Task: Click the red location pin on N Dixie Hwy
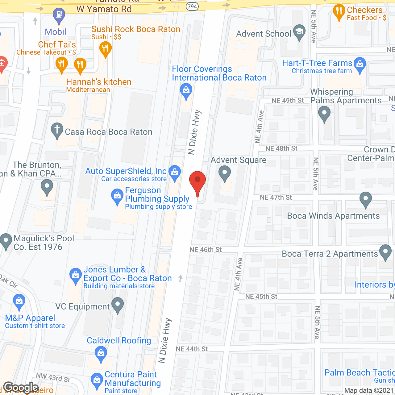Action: coord(197,181)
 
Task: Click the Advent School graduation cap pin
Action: coord(299,32)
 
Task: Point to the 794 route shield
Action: coord(192,6)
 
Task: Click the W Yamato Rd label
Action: coord(104,9)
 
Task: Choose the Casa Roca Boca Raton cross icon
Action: coord(57,130)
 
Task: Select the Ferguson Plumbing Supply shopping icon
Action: coord(117,196)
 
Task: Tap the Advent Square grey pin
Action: coord(225,173)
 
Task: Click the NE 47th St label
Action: coord(276,197)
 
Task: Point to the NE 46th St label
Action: coord(206,250)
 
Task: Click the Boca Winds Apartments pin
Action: coord(365,199)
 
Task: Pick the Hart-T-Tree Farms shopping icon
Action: coord(360,64)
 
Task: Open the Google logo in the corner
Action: coord(21,388)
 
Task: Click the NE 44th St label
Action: coord(192,349)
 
